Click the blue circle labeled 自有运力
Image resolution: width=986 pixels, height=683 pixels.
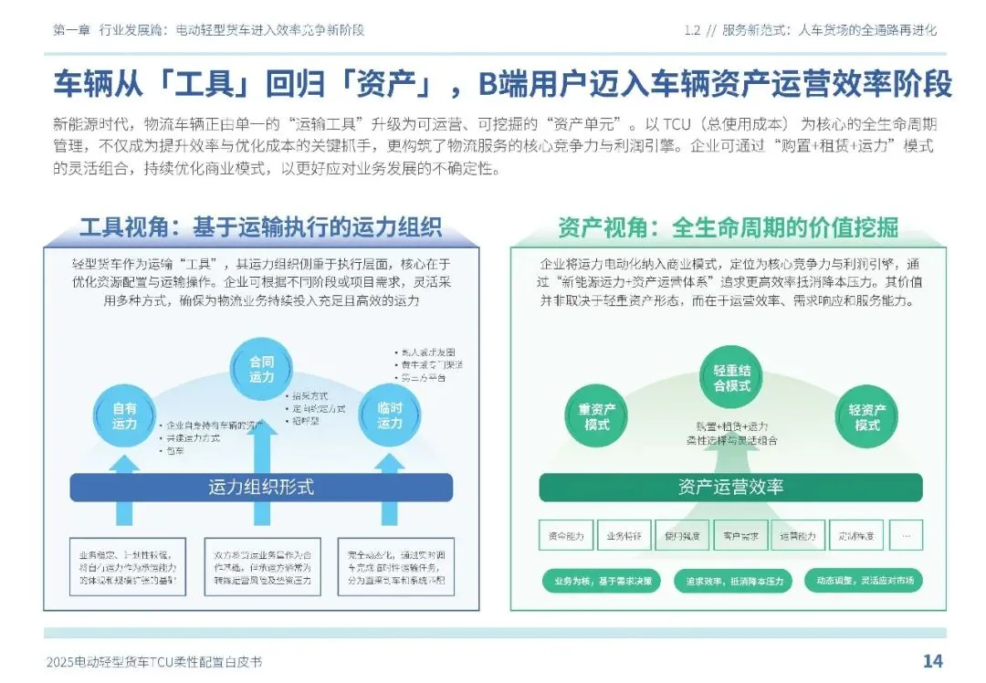click(125, 416)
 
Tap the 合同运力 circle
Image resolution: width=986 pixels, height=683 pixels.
click(262, 368)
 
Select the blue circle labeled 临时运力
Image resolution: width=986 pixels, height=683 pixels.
click(390, 416)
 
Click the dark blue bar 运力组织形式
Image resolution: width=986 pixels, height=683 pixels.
click(261, 488)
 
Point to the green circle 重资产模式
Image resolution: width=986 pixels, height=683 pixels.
click(598, 417)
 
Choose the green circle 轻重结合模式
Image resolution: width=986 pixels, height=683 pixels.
click(731, 377)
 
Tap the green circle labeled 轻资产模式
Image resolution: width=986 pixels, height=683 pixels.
click(866, 417)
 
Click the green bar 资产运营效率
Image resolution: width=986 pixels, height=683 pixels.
click(730, 488)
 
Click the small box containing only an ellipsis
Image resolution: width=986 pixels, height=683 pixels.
click(906, 536)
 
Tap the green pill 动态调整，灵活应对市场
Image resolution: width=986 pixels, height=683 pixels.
click(864, 581)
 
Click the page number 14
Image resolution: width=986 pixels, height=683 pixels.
click(932, 661)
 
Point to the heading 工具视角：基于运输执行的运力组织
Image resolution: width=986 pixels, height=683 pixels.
click(260, 226)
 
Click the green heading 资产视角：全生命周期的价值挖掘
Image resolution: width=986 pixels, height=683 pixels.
click(728, 226)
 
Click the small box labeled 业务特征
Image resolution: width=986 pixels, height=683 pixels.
click(624, 536)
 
